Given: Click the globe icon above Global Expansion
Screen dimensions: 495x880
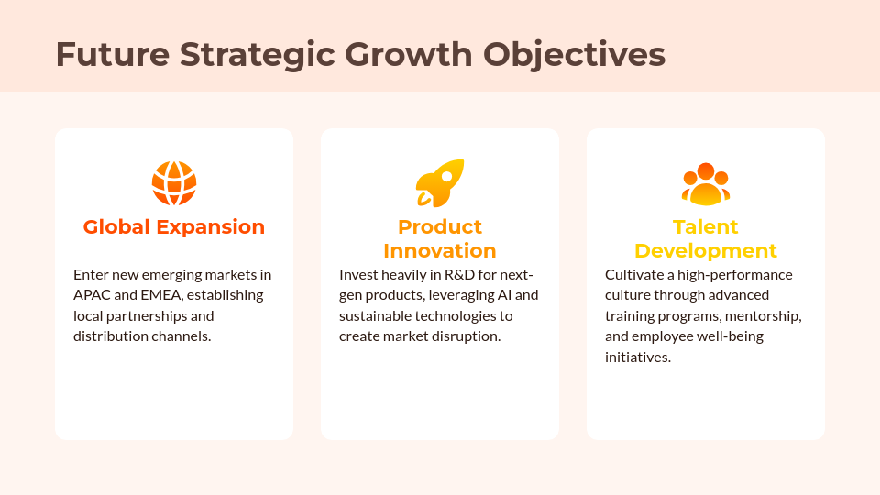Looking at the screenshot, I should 174,183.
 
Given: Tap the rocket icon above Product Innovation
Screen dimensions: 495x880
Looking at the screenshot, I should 440,183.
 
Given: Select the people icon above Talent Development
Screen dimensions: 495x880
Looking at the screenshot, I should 706,183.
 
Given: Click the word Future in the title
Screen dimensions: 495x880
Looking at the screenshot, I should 113,55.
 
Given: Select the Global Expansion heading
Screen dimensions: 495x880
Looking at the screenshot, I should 174,227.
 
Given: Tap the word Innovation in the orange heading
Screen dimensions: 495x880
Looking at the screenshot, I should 440,251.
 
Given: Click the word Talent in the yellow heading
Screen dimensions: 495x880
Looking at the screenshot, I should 706,227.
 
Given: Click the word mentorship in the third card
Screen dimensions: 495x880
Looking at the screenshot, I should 764,316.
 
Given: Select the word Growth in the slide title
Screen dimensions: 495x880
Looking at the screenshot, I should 407,55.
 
